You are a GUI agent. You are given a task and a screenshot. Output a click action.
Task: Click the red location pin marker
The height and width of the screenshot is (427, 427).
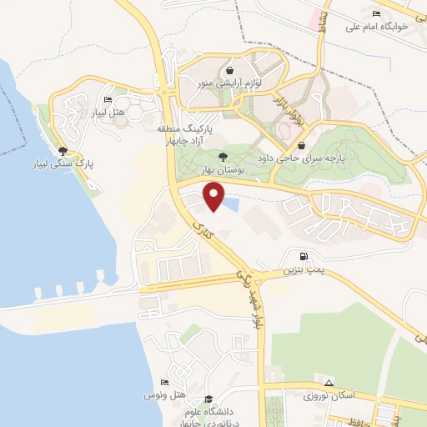pyautogui.click(x=214, y=197)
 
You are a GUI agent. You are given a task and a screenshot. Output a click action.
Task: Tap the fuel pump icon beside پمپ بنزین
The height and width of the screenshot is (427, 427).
pyautogui.click(x=301, y=256)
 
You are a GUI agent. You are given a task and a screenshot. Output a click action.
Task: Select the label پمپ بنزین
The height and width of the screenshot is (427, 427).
pyautogui.click(x=300, y=271)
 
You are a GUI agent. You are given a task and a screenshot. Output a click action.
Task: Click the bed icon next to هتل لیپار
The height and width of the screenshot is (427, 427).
pyautogui.click(x=108, y=99)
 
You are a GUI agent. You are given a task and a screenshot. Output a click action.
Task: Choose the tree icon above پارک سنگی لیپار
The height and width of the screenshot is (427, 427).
pyautogui.click(x=63, y=150)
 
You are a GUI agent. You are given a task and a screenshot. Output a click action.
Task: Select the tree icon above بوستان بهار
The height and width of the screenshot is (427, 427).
pyautogui.click(x=222, y=155)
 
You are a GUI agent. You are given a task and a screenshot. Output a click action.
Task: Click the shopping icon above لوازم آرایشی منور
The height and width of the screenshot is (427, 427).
pyautogui.click(x=229, y=71)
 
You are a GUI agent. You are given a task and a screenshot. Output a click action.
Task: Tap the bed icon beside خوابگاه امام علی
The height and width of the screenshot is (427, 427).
pyautogui.click(x=376, y=13)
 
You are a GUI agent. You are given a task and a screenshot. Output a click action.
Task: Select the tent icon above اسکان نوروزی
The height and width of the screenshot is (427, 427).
pyautogui.click(x=329, y=382)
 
